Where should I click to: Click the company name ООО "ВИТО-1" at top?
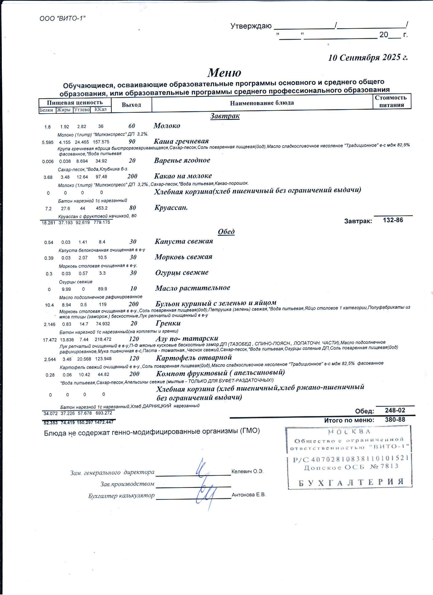point(62,18)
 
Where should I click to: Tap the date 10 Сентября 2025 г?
point(368,58)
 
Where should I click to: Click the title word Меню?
point(224,73)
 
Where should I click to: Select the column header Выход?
point(131,105)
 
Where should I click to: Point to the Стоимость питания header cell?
point(391,101)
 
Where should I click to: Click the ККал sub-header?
point(101,109)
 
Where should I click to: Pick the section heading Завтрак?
point(225,116)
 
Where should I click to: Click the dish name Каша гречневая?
point(181,141)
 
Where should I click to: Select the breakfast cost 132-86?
point(393,220)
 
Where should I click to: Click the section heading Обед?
point(226,232)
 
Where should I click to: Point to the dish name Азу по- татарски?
point(187,338)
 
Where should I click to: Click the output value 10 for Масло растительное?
point(133,289)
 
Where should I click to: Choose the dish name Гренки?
point(168,323)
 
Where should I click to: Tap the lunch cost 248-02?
point(395,410)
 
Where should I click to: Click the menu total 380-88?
point(395,420)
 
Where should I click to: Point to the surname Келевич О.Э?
point(247,471)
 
